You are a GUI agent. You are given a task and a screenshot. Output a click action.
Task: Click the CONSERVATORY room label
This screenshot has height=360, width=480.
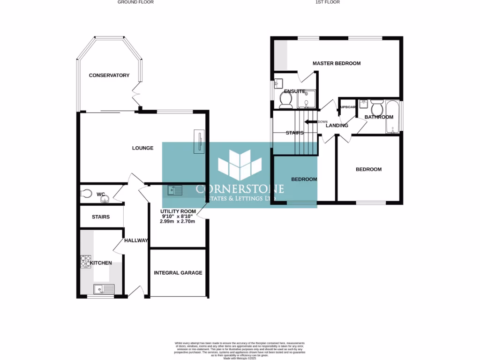(x=109, y=75)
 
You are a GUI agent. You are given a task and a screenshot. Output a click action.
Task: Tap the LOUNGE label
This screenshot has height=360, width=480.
(x=142, y=148)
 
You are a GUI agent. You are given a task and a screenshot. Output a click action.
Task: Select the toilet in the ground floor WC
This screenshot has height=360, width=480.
(x=86, y=194)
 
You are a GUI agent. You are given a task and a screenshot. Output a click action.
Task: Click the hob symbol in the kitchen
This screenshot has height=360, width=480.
(x=86, y=261)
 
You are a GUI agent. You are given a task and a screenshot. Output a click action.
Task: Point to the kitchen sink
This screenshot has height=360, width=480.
(x=104, y=289)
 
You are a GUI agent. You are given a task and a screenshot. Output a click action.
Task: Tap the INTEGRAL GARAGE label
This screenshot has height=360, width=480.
(x=178, y=272)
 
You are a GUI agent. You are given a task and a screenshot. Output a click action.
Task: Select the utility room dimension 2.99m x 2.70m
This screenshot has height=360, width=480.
(x=178, y=221)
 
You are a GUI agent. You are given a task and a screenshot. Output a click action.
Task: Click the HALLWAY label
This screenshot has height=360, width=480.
(x=136, y=240)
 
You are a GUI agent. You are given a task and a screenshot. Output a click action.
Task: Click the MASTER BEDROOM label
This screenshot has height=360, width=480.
(x=337, y=63)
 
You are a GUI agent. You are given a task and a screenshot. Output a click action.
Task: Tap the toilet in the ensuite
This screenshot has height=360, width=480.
(x=285, y=99)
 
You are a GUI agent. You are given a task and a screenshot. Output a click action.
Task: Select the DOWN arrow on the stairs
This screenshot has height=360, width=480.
(x=311, y=122)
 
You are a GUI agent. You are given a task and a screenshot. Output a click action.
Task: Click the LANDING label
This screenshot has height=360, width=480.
(x=337, y=126)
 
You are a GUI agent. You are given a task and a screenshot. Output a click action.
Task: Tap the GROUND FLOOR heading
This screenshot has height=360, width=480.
(x=135, y=2)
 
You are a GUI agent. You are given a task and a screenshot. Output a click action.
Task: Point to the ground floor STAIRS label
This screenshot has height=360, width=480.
(x=100, y=217)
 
